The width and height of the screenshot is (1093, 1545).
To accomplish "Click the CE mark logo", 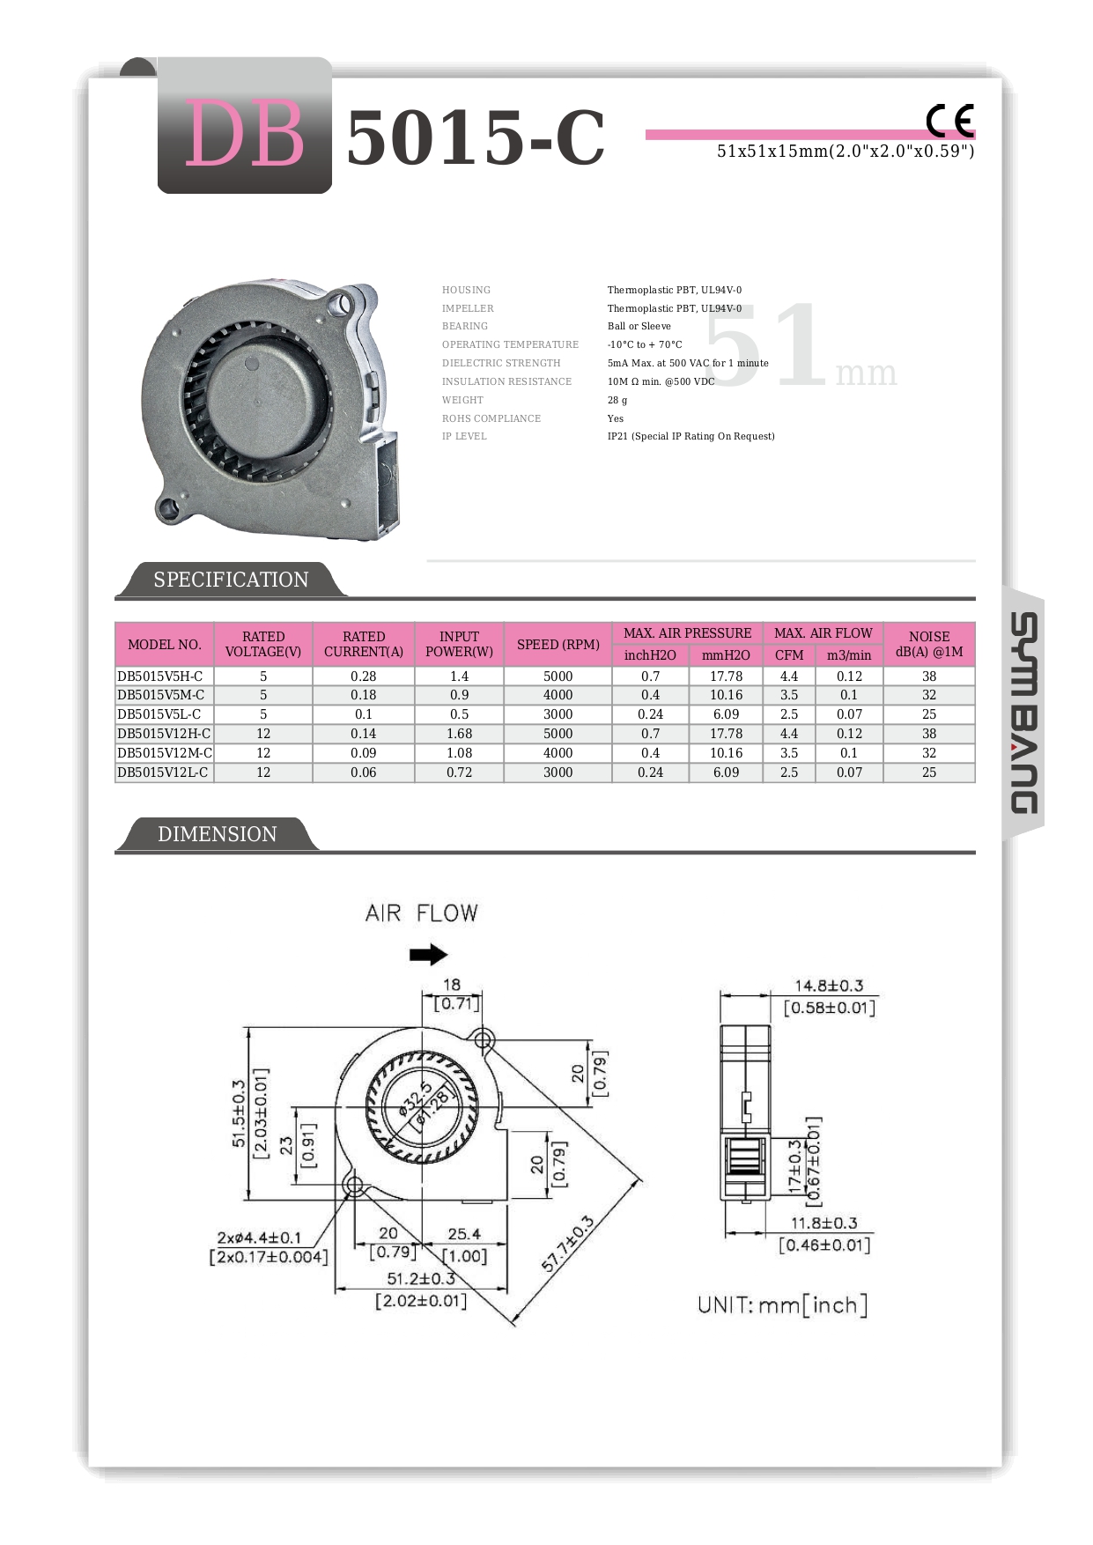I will [949, 121].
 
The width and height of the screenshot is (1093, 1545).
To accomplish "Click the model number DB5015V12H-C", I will [164, 734].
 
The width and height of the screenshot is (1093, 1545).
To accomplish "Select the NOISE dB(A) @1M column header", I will [928, 644].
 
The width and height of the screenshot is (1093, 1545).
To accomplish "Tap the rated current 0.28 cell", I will [363, 676].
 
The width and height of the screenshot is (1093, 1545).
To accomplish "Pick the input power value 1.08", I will [459, 753].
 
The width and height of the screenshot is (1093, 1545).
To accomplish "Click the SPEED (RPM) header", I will [558, 644].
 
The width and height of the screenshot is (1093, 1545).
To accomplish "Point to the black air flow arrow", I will [429, 954].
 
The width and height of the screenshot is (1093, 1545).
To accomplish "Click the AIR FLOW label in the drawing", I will [421, 913].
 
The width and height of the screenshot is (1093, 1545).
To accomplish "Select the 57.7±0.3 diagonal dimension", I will [568, 1244].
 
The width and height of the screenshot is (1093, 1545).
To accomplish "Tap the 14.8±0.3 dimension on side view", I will [829, 986].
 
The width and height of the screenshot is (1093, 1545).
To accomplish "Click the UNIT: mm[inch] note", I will [782, 1305].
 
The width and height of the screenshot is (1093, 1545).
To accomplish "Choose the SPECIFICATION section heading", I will [231, 580].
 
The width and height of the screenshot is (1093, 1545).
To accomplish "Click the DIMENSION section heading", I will [217, 834].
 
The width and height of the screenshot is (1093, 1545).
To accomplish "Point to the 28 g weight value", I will [617, 400].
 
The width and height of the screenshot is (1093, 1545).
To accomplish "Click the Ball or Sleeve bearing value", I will [639, 326].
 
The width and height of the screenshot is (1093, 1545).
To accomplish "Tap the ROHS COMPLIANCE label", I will [491, 418].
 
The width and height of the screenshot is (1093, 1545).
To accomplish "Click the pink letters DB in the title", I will [244, 134].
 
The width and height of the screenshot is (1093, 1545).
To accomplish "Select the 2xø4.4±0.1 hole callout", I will [259, 1238].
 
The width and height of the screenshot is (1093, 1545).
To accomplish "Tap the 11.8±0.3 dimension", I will [823, 1223].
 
